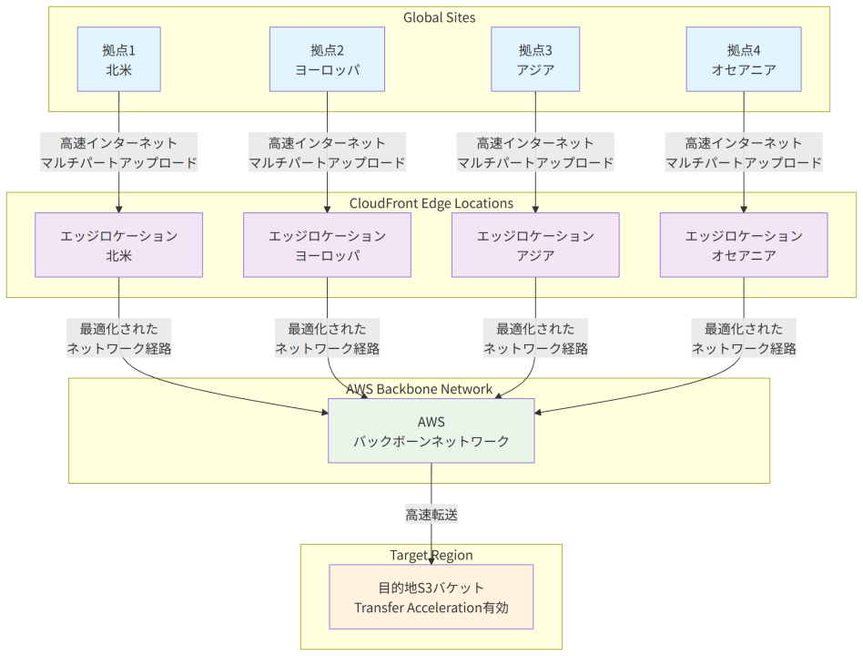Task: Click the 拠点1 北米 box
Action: click(x=119, y=59)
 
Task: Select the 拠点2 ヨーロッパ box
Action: click(x=327, y=59)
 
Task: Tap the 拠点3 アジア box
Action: click(x=535, y=59)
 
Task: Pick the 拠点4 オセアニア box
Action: click(x=744, y=59)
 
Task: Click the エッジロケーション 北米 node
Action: click(x=119, y=245)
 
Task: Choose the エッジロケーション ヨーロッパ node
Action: click(x=327, y=245)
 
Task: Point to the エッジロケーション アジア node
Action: click(x=535, y=245)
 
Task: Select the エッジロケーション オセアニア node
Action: click(x=744, y=245)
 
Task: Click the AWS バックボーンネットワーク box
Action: click(x=431, y=431)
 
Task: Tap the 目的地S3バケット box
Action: click(x=431, y=597)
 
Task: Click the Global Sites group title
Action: click(x=439, y=17)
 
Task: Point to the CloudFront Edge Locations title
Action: click(x=431, y=203)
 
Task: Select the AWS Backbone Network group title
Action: click(x=420, y=389)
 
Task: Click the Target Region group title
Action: click(x=431, y=555)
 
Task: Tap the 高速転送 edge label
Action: click(x=431, y=515)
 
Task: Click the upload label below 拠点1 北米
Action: click(x=119, y=152)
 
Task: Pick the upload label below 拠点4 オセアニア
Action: click(x=744, y=152)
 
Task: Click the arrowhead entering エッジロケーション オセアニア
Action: click(x=744, y=210)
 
